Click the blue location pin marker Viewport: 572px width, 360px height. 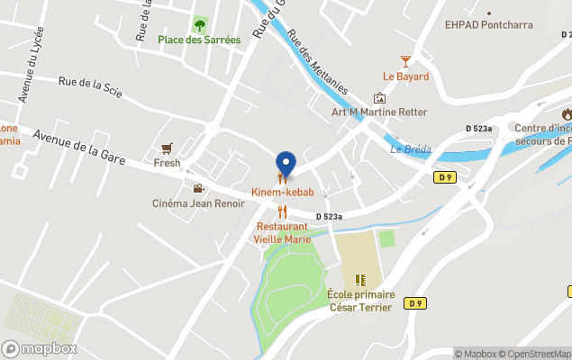[286, 165]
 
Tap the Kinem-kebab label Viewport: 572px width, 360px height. [283, 193]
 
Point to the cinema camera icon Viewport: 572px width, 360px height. [197, 188]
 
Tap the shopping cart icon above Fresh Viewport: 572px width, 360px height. [167, 148]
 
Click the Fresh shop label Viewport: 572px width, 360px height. [167, 164]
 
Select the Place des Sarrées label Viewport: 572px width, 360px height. [199, 40]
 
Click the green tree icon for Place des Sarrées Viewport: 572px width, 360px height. [200, 23]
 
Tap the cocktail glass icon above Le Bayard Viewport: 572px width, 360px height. [405, 61]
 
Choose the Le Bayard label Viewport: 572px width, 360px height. [405, 76]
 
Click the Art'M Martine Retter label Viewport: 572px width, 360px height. [367, 112]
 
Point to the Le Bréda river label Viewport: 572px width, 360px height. [411, 149]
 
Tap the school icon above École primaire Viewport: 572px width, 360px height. [360, 280]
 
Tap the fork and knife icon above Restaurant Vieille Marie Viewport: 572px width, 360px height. [282, 211]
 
